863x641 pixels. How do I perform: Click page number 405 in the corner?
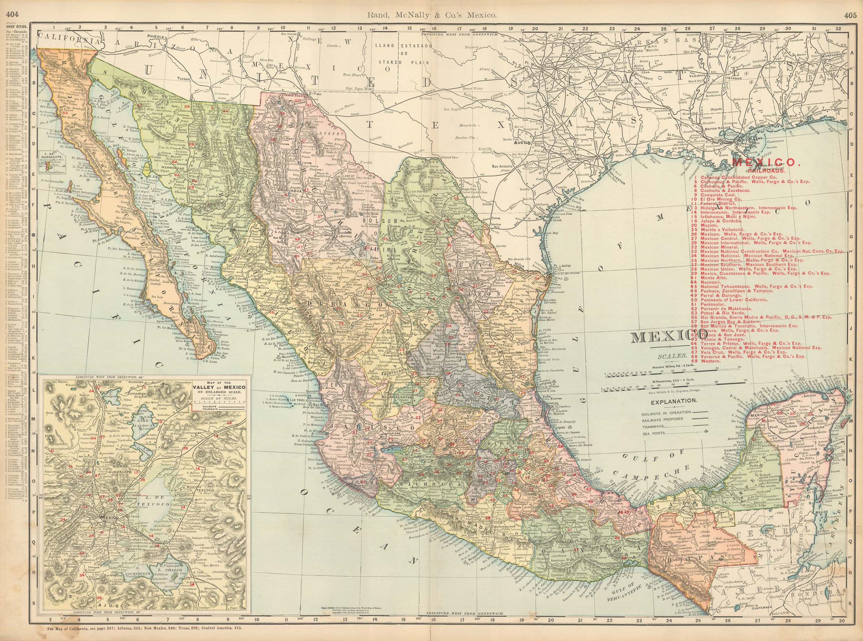(853, 4)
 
